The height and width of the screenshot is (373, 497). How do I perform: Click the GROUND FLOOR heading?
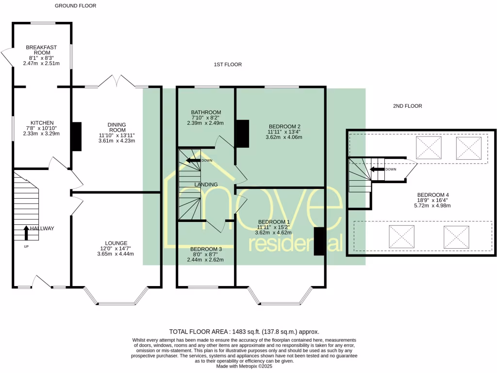click(75, 6)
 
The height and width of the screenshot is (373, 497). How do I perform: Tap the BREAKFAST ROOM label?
click(41, 50)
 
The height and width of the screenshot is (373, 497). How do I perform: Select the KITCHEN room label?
click(42, 123)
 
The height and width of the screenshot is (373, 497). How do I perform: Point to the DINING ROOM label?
click(116, 127)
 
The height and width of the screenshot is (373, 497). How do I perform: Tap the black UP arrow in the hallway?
click(26, 233)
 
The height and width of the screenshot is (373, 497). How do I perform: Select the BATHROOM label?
click(206, 112)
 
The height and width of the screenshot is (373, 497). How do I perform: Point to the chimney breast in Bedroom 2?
click(242, 134)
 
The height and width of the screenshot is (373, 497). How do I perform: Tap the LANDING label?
click(206, 185)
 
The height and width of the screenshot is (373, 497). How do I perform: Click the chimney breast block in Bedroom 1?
click(319, 241)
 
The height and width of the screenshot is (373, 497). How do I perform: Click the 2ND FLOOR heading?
click(408, 106)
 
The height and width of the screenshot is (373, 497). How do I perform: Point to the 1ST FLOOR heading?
click(228, 65)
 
